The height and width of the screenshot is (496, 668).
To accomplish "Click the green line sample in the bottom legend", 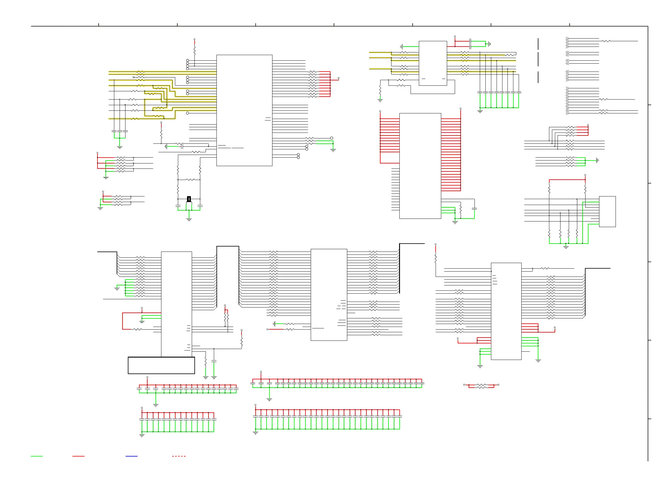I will (37, 456).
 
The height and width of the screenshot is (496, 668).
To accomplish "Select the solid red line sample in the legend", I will (78, 456).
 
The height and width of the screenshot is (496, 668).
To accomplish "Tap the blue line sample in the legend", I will (131, 456).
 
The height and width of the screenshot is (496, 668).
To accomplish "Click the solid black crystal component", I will (189, 199).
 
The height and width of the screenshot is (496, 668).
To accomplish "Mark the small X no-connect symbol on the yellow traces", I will (134, 77).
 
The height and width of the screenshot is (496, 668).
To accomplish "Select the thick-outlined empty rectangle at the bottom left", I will (161, 365).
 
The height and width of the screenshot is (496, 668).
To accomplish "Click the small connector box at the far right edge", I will (607, 211).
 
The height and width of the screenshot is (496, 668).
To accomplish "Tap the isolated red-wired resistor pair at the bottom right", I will (481, 386).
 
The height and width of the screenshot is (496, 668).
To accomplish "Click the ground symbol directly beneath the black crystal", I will (189, 220).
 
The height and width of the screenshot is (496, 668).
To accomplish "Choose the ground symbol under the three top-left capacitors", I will (120, 147).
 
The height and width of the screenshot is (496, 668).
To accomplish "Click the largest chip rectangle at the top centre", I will (244, 110).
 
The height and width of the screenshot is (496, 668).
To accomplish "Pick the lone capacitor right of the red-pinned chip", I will (474, 208).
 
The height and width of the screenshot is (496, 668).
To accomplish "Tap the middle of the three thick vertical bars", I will (538, 59).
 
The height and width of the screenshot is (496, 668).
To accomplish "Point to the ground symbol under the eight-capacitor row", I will (480, 111).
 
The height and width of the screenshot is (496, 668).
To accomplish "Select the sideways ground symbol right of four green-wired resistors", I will (597, 160).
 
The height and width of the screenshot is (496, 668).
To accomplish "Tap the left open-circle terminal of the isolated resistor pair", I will (464, 385).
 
